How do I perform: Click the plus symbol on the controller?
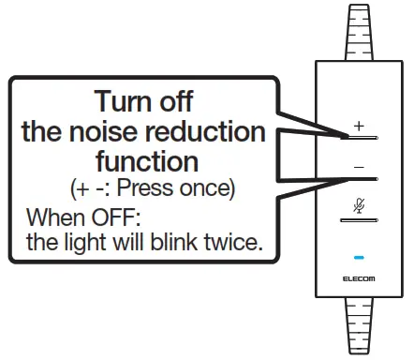(x=359, y=125)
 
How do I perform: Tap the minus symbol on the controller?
(x=359, y=165)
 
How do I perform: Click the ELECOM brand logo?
(x=359, y=279)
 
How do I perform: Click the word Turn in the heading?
(x=127, y=100)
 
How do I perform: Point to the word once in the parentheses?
(x=209, y=188)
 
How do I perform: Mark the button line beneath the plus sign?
(x=359, y=138)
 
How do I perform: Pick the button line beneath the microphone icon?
(x=359, y=218)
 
